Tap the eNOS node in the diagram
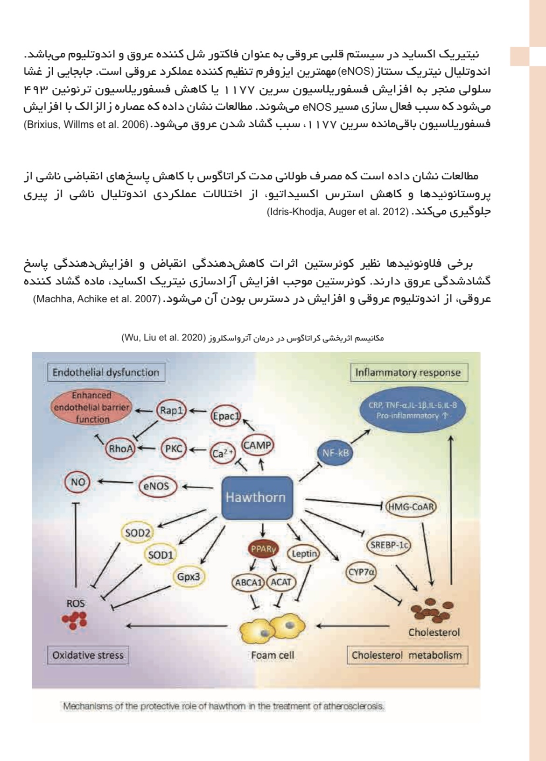point(156,486)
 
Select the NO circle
point(78,482)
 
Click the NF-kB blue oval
point(336,452)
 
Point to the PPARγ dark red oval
point(263,549)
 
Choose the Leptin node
point(304,554)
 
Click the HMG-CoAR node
point(411,506)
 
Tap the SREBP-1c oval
point(389,545)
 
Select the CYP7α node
point(361,572)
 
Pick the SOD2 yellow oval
point(138,533)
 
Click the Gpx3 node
point(189,577)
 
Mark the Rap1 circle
point(171,411)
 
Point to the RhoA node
point(121,449)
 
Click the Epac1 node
point(226,416)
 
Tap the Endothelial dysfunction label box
point(106,372)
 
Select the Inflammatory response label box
point(408,372)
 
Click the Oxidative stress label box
point(88,655)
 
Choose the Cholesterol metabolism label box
point(407,655)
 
